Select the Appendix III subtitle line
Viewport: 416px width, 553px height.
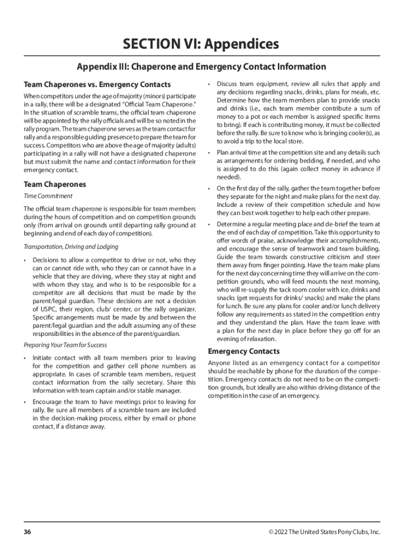pos(202,67)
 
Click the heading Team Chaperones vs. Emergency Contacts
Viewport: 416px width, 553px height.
pos(97,85)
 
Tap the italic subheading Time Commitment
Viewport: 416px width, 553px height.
pos(48,196)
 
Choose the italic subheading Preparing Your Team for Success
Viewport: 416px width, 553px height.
pos(65,345)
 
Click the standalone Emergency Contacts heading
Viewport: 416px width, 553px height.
pos(244,352)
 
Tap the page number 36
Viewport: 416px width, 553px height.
pos(27,532)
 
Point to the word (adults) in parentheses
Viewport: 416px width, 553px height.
pos(183,145)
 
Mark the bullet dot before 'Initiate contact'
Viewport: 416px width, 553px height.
pos(25,358)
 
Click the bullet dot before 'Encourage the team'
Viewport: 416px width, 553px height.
pos(25,402)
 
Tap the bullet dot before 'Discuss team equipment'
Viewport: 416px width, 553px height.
pos(209,84)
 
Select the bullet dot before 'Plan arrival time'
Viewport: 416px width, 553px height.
pos(209,153)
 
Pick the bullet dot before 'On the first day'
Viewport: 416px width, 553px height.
pos(209,188)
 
